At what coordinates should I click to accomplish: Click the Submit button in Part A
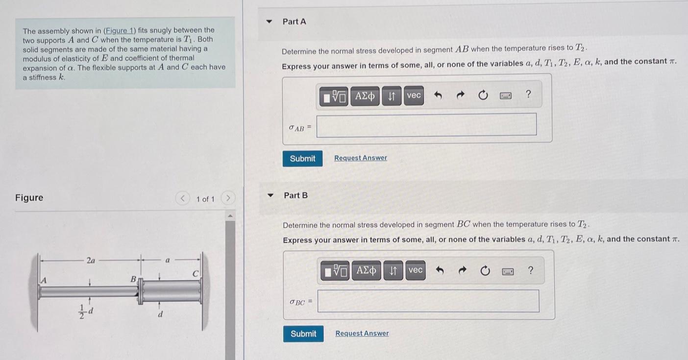[302, 159]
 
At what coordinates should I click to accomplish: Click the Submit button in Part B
[303, 334]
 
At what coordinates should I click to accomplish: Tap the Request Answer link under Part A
[360, 158]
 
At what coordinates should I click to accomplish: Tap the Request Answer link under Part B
[362, 334]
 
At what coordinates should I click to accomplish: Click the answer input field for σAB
[426, 124]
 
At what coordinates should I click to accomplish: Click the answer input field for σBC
[428, 301]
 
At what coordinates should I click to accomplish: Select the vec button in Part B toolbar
[415, 270]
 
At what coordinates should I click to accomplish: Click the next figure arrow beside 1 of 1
[228, 198]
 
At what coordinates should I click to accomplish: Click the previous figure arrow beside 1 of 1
[182, 198]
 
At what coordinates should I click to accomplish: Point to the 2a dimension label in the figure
[91, 261]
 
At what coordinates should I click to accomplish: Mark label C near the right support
[195, 275]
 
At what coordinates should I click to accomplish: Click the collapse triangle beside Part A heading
[269, 22]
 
